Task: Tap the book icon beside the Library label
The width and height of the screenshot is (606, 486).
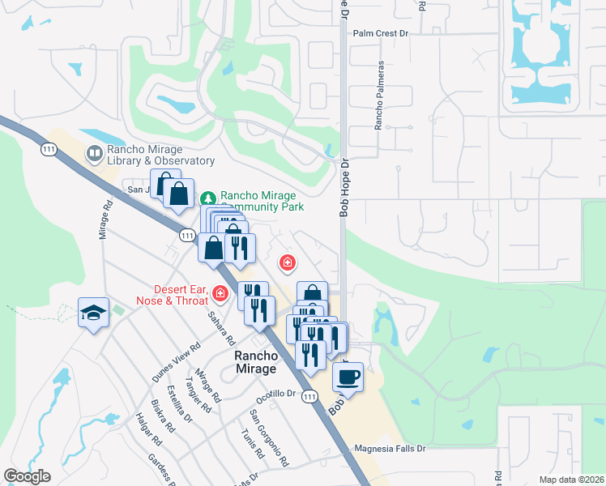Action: click(94, 152)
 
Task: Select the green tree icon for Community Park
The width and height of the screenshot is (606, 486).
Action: click(208, 197)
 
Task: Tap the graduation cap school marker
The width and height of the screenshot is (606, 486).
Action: click(93, 312)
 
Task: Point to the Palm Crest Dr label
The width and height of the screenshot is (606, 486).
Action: click(382, 34)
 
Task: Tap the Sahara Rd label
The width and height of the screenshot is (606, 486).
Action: click(220, 329)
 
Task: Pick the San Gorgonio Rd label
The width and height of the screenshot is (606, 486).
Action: click(270, 438)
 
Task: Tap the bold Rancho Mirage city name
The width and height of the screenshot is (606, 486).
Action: click(255, 362)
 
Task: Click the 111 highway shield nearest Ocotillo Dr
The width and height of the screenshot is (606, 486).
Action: click(309, 396)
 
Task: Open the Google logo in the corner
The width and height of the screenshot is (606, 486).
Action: click(27, 476)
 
